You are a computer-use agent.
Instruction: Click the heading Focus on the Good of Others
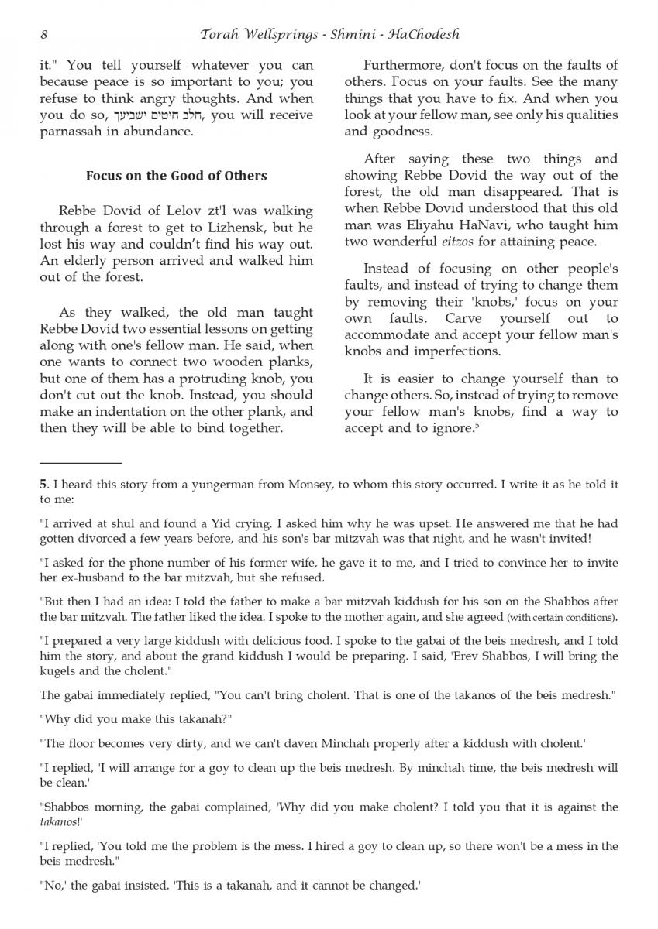(x=176, y=176)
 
